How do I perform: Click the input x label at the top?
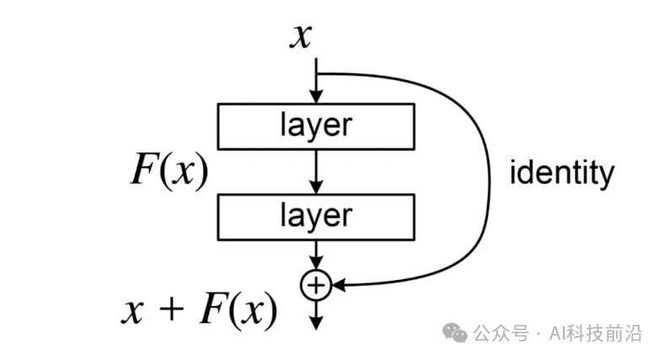(x=302, y=36)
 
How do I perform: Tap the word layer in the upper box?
(x=315, y=126)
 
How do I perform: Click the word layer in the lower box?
(x=315, y=215)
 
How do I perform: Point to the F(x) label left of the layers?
(x=169, y=171)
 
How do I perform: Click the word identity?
(x=562, y=174)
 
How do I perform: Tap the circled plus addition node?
(x=315, y=287)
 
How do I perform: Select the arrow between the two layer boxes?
(x=315, y=171)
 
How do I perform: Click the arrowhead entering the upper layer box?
(x=315, y=97)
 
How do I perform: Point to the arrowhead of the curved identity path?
(x=336, y=287)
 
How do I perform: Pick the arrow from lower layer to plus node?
(x=315, y=255)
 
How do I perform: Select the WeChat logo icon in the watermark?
(x=457, y=333)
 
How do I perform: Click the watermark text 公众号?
(x=500, y=334)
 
